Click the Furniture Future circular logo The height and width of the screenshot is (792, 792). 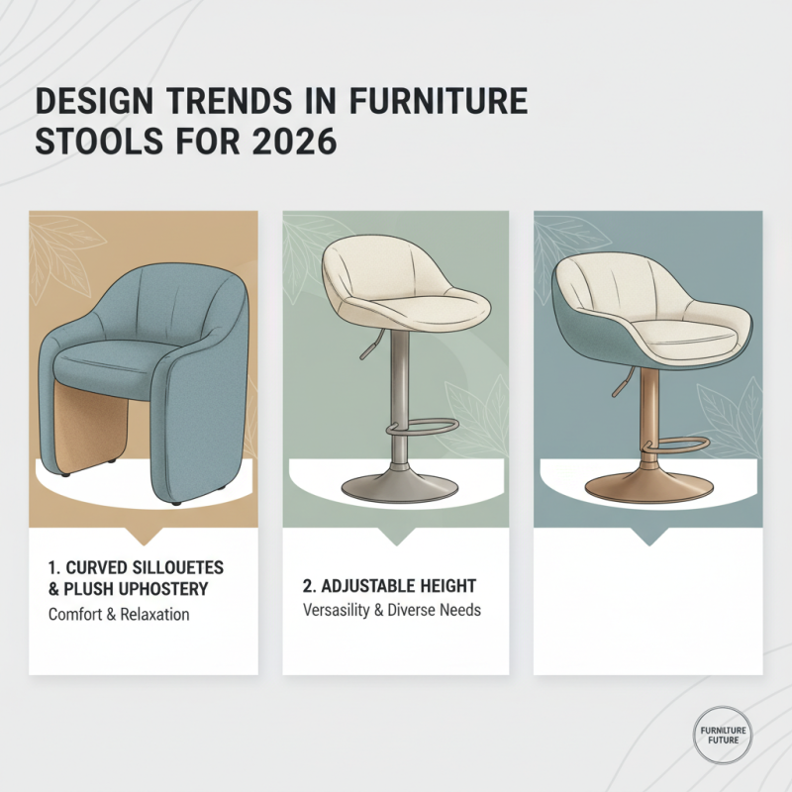coord(722,735)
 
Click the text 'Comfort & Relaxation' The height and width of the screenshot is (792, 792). coord(119,614)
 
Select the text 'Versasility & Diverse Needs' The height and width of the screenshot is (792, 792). coord(392,610)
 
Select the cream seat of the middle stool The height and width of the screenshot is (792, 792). coord(406,297)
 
